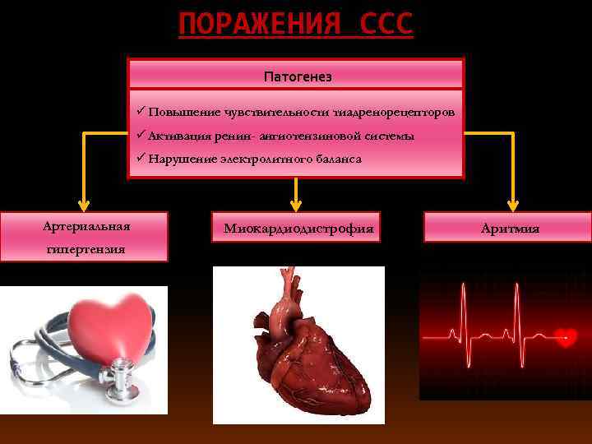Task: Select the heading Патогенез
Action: point(297,76)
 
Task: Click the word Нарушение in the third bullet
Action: point(180,158)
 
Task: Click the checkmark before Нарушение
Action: point(141,157)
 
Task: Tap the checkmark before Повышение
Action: point(141,110)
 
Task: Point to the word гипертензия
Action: point(86,248)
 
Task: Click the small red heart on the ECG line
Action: point(565,336)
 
